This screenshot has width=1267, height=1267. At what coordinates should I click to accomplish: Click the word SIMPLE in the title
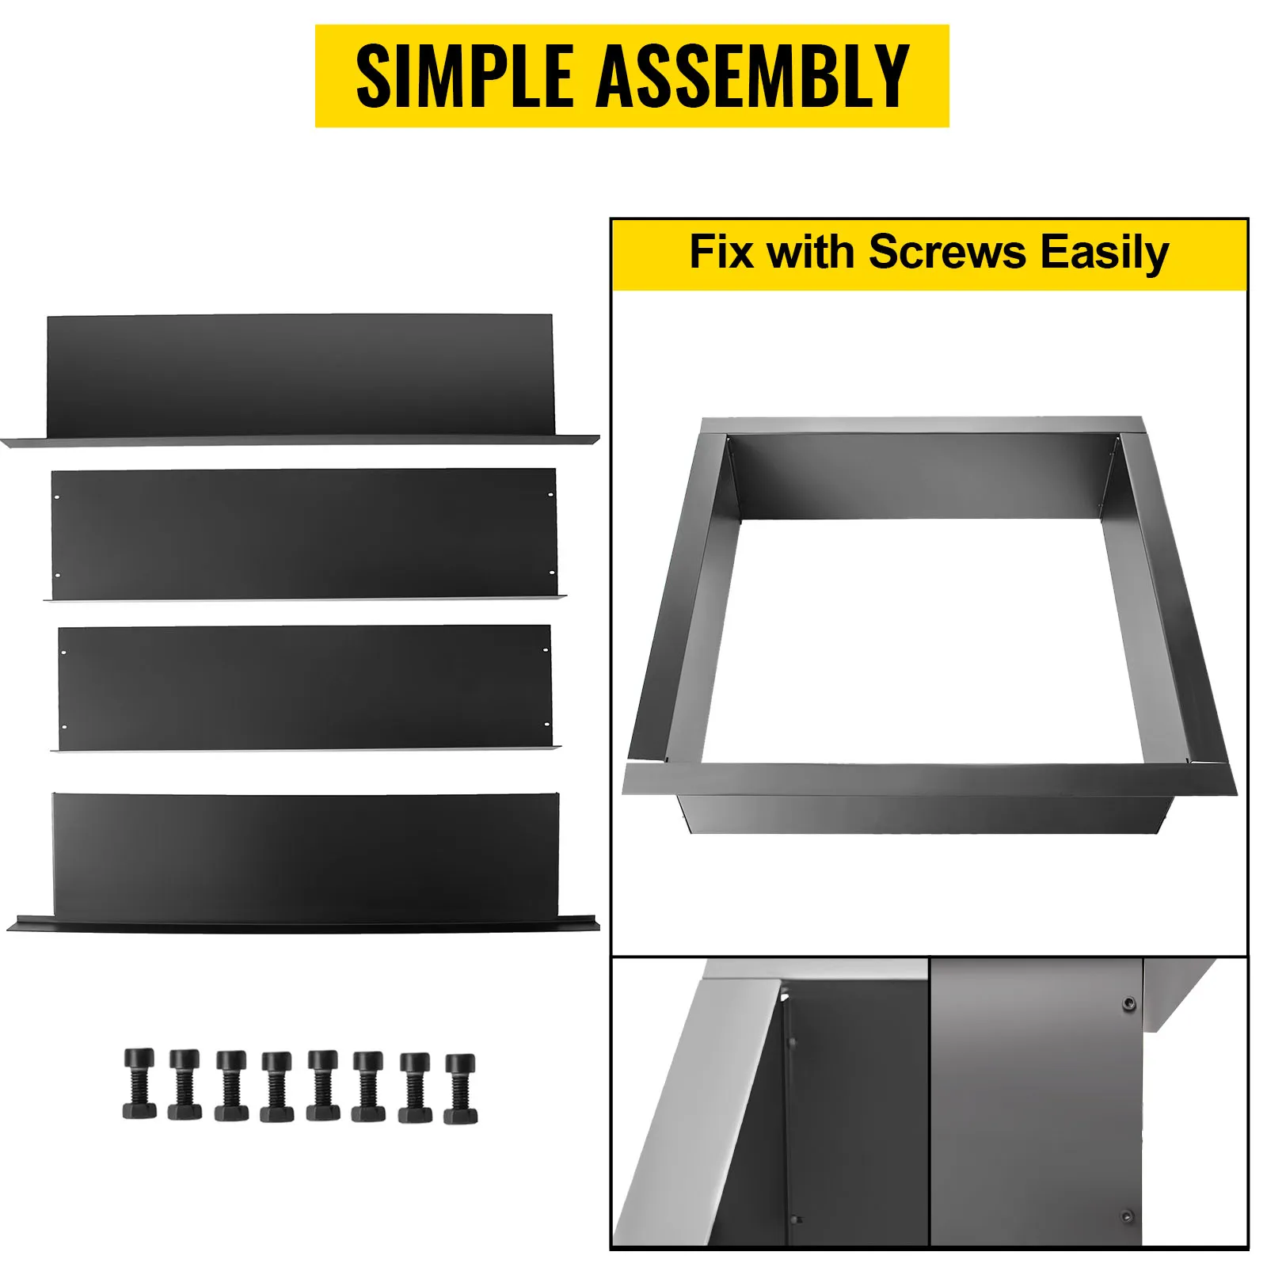[465, 76]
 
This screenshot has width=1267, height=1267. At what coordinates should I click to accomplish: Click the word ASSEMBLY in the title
[752, 76]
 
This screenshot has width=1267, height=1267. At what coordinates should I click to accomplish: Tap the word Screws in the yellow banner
[947, 253]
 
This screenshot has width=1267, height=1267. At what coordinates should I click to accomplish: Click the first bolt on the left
[139, 1084]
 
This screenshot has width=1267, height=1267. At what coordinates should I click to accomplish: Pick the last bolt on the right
[460, 1089]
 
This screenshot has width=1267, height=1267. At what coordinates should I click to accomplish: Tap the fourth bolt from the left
[276, 1086]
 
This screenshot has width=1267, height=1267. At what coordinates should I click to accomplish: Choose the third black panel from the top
[305, 687]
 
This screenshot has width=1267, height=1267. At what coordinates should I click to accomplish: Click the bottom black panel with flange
[305, 859]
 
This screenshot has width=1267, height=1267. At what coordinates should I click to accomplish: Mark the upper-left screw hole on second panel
[57, 497]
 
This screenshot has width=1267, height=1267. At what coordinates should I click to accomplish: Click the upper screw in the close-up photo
[1128, 1004]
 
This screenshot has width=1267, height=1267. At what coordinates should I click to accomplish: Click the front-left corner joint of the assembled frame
[664, 763]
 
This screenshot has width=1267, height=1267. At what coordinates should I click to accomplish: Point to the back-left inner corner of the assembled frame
[729, 438]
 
